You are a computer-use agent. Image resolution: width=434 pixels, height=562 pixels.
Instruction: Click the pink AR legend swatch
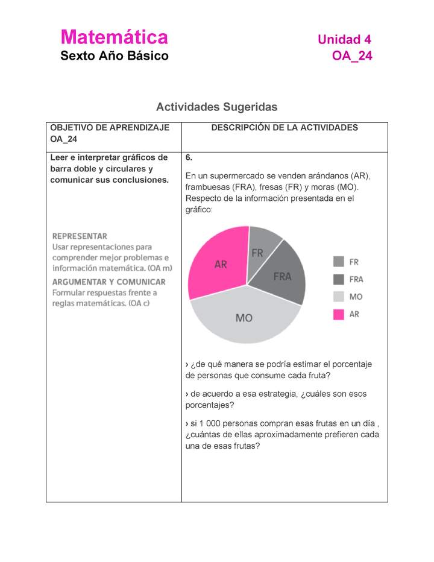[x=339, y=314]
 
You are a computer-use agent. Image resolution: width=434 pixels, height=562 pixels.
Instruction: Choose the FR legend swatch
[x=339, y=262]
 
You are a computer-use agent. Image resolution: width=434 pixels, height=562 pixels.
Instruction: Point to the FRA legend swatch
[x=339, y=279]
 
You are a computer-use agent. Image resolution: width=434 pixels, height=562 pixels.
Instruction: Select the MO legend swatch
[x=339, y=297]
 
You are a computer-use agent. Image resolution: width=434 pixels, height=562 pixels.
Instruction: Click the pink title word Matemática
[x=114, y=37]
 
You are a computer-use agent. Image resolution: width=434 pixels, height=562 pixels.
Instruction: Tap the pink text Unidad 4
[x=344, y=40]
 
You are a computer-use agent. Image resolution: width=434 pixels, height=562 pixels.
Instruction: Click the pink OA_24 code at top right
[x=352, y=56]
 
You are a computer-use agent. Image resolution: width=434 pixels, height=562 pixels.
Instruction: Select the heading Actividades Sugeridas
[x=216, y=107]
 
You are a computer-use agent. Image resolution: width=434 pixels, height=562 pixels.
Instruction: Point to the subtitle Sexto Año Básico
[x=115, y=56]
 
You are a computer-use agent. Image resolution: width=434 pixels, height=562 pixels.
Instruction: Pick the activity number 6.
[x=189, y=157]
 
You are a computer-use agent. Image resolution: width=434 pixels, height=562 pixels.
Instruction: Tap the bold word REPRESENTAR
[x=80, y=236]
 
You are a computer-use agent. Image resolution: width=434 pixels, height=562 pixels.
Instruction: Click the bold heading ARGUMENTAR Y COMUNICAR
[x=108, y=282]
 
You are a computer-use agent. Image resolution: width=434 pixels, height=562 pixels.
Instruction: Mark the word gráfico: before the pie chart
[x=200, y=210]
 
